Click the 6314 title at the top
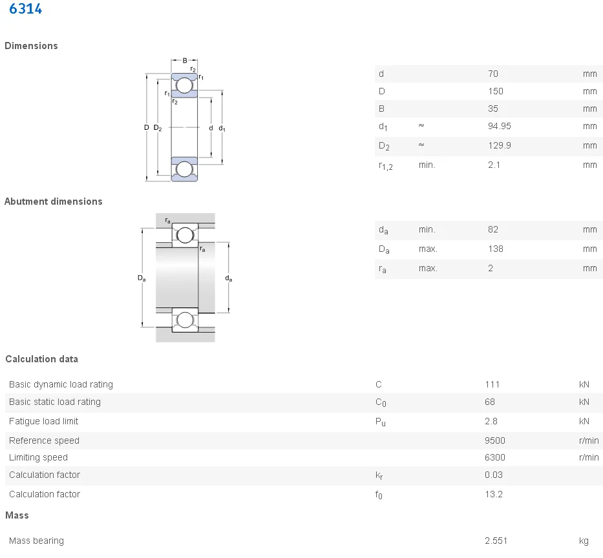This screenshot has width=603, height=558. tap(26, 10)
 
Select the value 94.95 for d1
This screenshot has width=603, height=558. tap(499, 126)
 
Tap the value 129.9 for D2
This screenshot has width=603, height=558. tap(499, 145)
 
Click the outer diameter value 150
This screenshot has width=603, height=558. tap(495, 91)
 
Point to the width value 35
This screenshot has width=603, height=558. tap(493, 108)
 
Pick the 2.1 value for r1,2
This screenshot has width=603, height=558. tap(494, 165)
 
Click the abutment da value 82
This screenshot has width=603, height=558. tap(493, 229)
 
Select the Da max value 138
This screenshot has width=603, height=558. tap(495, 249)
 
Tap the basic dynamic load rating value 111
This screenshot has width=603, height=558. tap(492, 384)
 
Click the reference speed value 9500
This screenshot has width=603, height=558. tap(494, 440)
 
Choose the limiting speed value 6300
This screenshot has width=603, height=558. tap(494, 457)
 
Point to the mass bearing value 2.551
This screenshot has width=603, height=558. tap(497, 541)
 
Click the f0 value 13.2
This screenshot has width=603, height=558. tap(493, 494)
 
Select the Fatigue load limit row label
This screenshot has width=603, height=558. tap(43, 421)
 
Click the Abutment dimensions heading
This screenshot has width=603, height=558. tap(53, 201)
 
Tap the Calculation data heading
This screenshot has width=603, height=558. tap(41, 359)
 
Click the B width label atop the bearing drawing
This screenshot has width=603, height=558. tap(184, 61)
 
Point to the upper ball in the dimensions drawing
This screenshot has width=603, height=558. tap(184, 85)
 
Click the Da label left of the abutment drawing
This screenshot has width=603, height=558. tap(141, 278)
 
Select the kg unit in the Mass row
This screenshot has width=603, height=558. tap(584, 541)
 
